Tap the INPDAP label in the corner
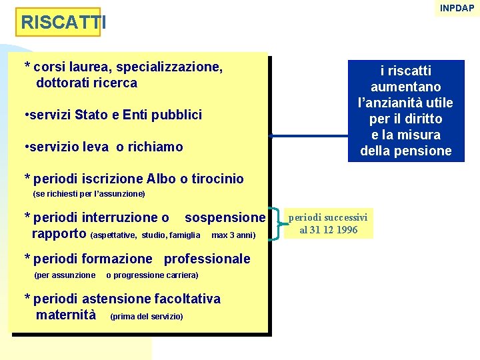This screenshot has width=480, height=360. (x=457, y=8)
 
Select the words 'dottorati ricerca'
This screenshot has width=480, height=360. (x=87, y=83)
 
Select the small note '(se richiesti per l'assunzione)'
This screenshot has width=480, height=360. (x=89, y=194)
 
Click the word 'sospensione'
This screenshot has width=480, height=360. (x=225, y=218)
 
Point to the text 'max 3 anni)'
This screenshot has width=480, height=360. (x=233, y=235)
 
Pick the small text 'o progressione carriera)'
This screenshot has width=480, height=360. (x=152, y=275)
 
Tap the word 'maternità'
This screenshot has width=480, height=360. (x=66, y=315)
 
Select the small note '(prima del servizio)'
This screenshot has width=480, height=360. (x=147, y=316)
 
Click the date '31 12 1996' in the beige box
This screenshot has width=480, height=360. (x=337, y=230)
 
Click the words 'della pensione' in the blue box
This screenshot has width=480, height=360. (x=406, y=151)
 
